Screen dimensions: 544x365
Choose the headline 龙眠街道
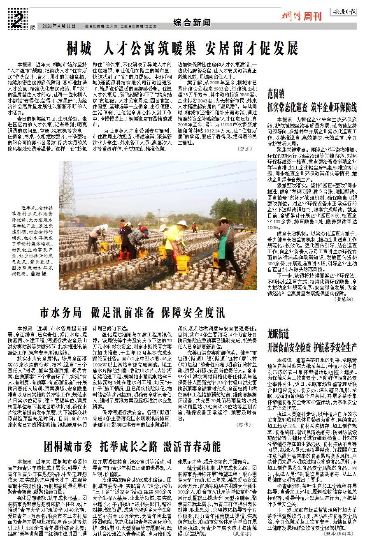tap(279, 333)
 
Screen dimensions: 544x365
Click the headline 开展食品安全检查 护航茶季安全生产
tap(312, 346)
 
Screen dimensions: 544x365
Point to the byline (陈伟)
tap(243, 424)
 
